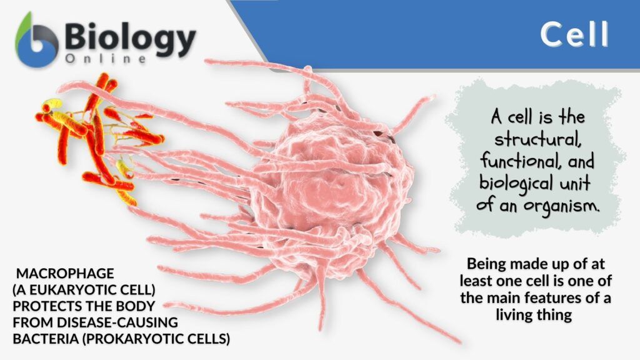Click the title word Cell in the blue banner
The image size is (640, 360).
pyautogui.click(x=574, y=35)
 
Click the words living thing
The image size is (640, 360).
pyautogui.click(x=534, y=314)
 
